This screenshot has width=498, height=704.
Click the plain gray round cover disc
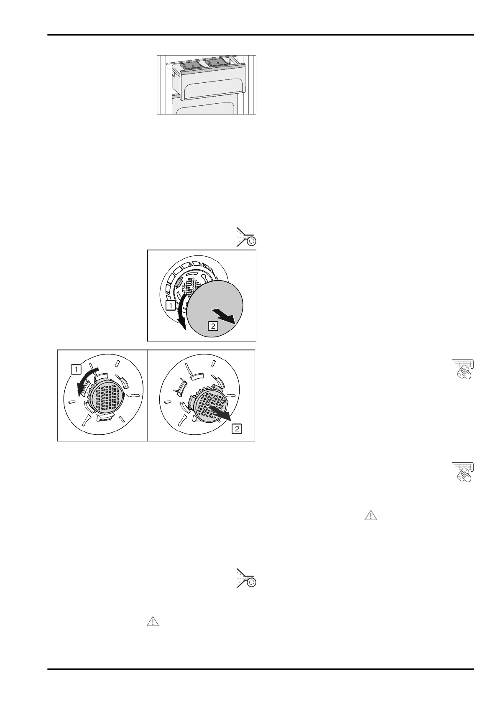(x=215, y=307)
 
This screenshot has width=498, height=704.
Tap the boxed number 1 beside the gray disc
(x=170, y=306)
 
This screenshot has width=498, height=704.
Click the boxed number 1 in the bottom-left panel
(x=76, y=370)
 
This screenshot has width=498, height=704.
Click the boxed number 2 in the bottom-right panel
(x=236, y=429)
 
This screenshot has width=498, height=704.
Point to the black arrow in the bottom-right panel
(x=220, y=412)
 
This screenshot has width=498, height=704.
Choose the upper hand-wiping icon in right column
(x=463, y=370)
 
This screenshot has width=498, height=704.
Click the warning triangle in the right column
(x=371, y=515)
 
